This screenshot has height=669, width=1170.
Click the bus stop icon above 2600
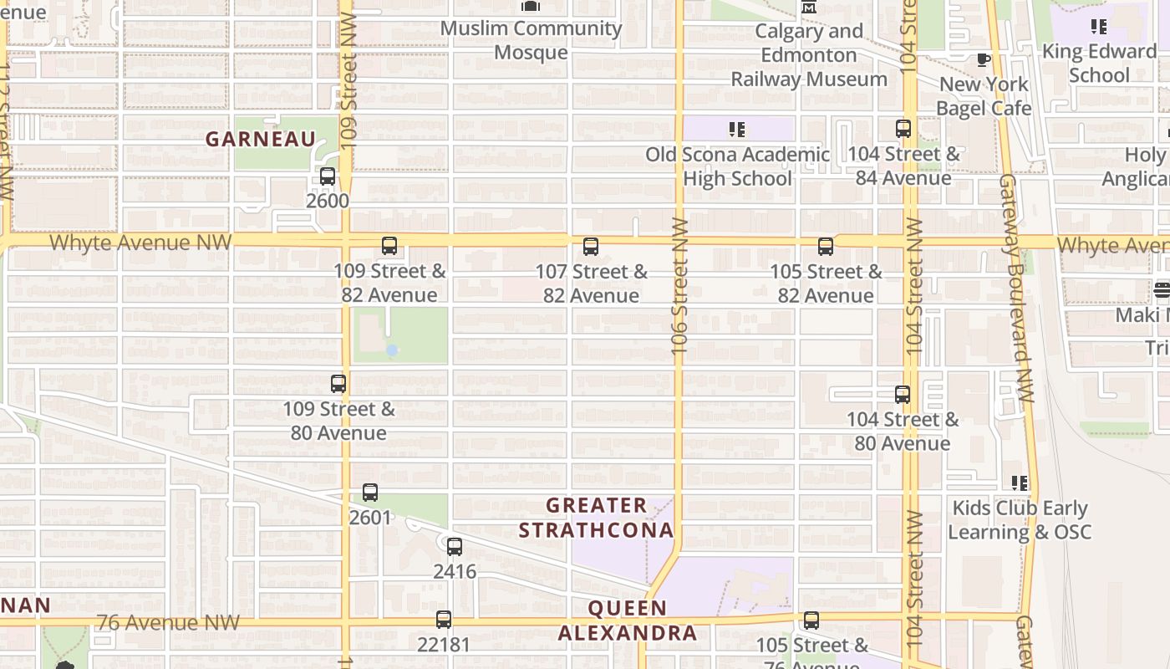pyautogui.click(x=328, y=176)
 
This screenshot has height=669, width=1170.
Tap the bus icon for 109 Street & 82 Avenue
pyautogui.click(x=389, y=246)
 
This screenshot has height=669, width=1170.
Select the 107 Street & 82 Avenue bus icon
pyautogui.click(x=591, y=247)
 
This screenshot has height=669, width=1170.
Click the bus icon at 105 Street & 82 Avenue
pyautogui.click(x=826, y=247)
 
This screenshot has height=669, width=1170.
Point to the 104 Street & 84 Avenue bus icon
pyautogui.click(x=903, y=129)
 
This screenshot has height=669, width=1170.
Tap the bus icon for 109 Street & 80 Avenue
pyautogui.click(x=338, y=384)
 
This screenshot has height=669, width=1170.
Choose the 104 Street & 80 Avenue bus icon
pyautogui.click(x=903, y=395)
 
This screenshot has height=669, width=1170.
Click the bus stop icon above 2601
pyautogui.click(x=370, y=493)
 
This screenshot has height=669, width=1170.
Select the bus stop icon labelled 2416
pyautogui.click(x=455, y=547)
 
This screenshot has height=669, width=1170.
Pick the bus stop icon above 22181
pyautogui.click(x=444, y=620)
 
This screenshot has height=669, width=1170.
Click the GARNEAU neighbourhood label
pyautogui.click(x=261, y=140)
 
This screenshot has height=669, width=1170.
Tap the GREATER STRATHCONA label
pyautogui.click(x=596, y=518)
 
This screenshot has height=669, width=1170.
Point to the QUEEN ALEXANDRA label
pyautogui.click(x=627, y=620)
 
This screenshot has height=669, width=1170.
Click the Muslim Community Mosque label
pyautogui.click(x=531, y=40)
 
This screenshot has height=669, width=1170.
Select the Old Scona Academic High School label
pyautogui.click(x=737, y=166)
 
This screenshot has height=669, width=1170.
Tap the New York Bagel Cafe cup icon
pyautogui.click(x=984, y=59)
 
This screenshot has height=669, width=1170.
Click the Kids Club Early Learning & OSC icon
pyautogui.click(x=1020, y=483)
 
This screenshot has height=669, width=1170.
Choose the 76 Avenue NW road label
pyautogui.click(x=168, y=623)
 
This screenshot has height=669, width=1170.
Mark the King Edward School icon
pyautogui.click(x=1099, y=27)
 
